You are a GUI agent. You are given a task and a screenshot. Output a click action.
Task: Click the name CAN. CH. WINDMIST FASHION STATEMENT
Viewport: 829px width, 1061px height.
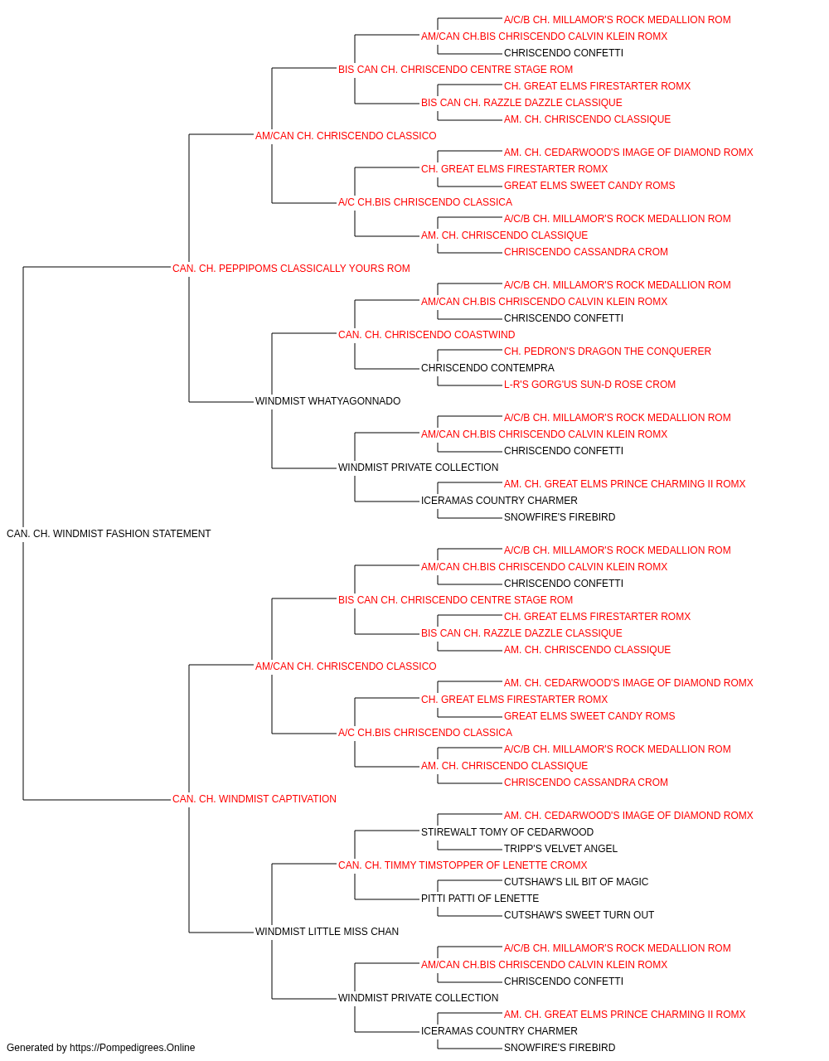[109, 534]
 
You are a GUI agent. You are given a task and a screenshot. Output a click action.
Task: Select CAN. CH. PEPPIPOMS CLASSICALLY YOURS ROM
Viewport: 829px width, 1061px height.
[291, 269]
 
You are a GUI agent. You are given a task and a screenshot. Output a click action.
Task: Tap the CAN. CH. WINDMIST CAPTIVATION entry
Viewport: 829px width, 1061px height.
[254, 799]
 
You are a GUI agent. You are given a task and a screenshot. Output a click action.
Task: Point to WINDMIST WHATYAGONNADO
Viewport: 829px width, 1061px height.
[327, 401]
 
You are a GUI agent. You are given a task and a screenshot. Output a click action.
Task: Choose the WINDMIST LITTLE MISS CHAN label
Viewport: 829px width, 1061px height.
[327, 932]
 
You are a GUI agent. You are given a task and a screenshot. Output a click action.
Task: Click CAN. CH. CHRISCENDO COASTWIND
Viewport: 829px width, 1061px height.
[426, 335]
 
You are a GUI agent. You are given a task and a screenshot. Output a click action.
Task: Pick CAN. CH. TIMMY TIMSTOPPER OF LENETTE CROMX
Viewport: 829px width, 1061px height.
[463, 865]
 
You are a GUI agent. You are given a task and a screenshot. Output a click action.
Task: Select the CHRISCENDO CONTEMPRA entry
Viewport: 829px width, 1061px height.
[487, 368]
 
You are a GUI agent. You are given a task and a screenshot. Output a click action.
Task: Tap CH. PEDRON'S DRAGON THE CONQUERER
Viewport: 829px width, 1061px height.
[608, 351]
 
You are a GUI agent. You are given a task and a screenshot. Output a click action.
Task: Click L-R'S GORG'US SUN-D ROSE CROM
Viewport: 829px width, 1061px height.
[589, 385]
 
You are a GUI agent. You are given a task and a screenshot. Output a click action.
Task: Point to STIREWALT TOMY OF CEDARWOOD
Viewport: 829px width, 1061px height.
[507, 832]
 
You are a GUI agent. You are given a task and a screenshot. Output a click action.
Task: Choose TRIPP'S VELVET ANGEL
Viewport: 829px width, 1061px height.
[560, 849]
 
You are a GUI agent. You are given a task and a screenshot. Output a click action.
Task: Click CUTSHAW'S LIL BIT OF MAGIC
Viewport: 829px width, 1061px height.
[576, 882]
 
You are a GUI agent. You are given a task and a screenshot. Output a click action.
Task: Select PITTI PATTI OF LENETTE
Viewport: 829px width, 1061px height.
[480, 899]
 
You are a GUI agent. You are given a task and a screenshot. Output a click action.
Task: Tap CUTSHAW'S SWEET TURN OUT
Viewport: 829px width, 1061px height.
[579, 915]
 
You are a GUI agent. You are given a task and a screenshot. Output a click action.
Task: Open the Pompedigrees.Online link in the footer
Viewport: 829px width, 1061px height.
[133, 1048]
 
